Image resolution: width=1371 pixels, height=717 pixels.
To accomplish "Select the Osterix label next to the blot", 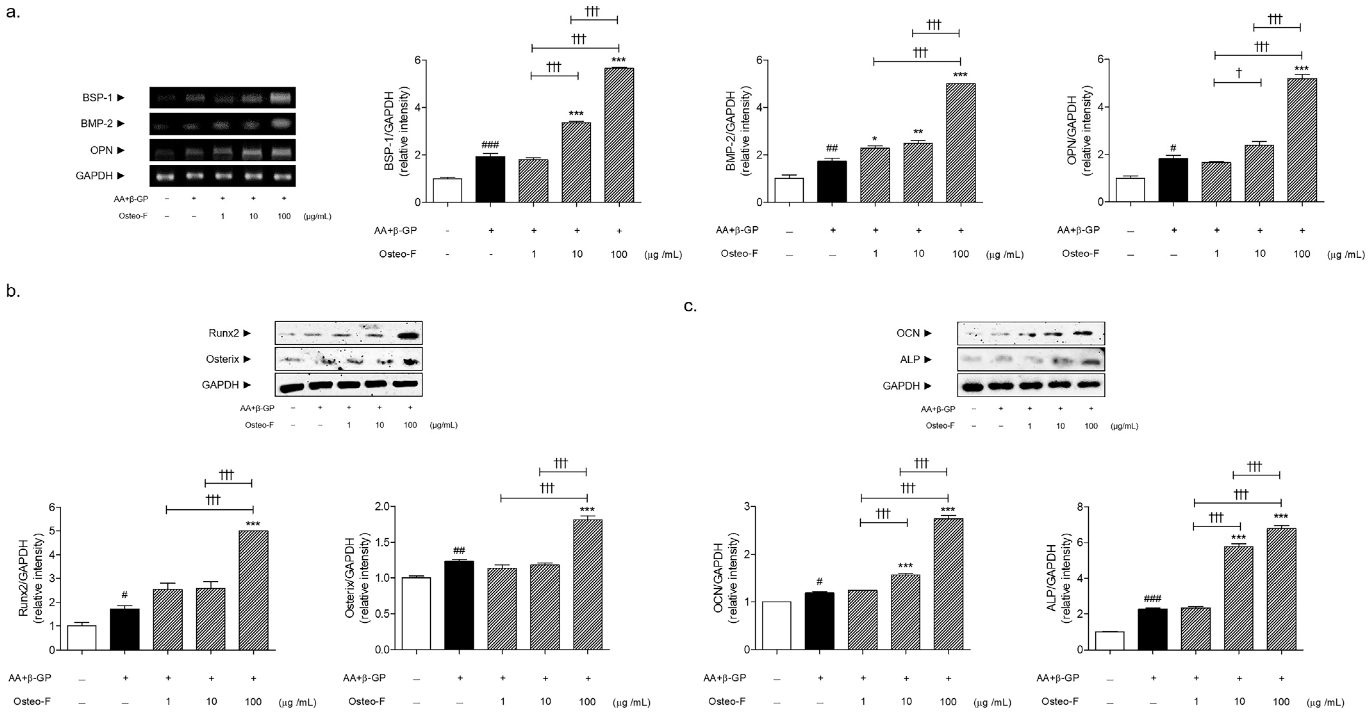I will tap(222, 359).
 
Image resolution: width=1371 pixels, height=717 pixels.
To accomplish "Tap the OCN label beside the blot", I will tap(908, 333).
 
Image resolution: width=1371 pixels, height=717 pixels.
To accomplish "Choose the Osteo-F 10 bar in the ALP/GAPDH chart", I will tap(1238, 598).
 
